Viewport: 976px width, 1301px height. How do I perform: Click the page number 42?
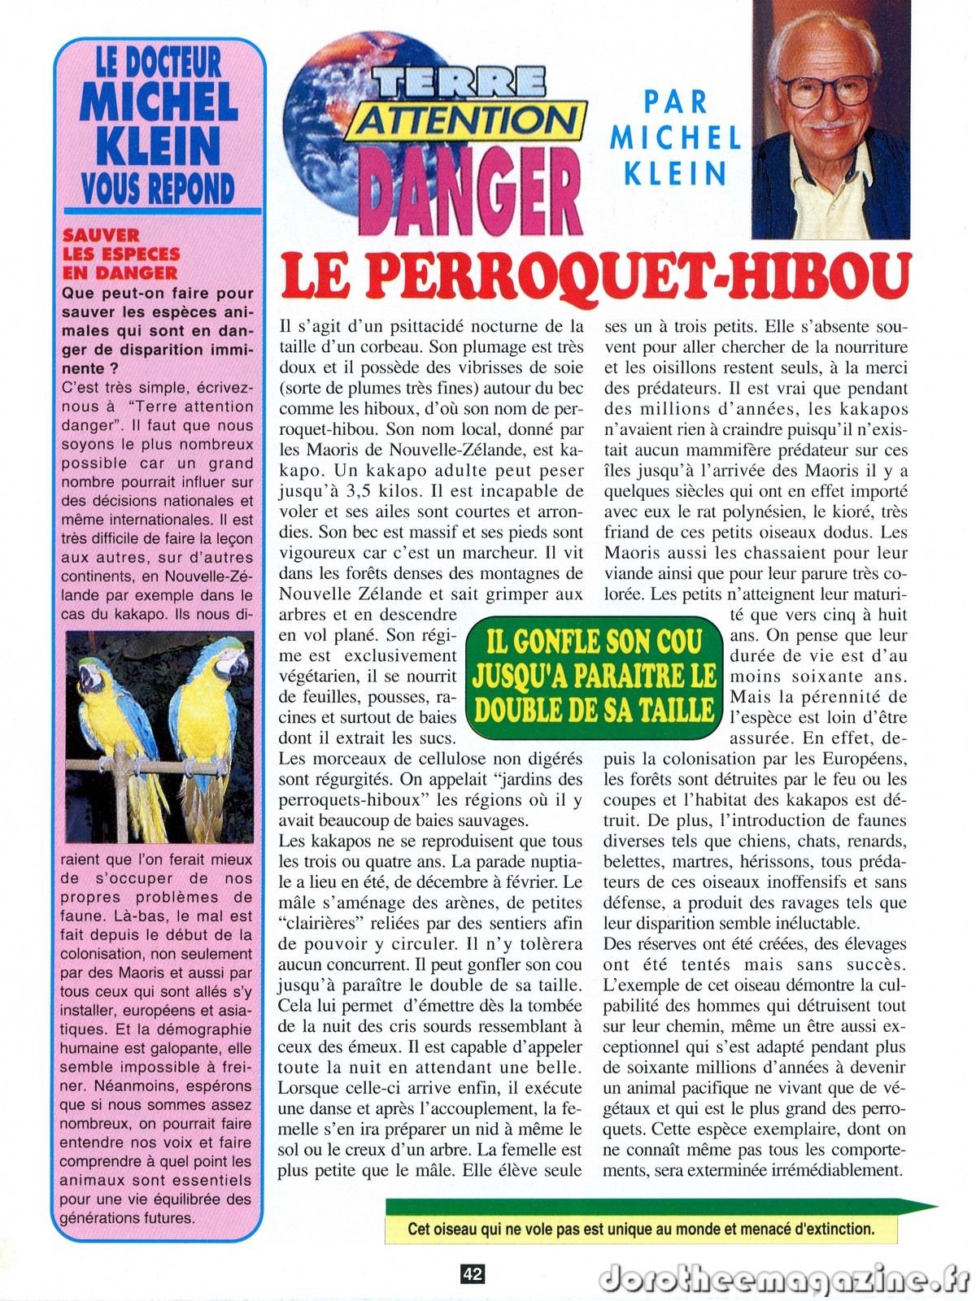[x=473, y=1274]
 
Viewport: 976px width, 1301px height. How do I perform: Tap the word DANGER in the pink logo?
[x=470, y=190]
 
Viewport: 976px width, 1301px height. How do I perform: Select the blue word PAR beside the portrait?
[x=675, y=102]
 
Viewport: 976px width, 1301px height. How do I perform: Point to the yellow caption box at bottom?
[x=641, y=1229]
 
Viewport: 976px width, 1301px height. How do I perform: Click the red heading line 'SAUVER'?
[x=101, y=236]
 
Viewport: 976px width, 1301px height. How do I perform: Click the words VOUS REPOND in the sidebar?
[x=158, y=188]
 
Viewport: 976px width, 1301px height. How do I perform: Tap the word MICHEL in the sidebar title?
[x=159, y=102]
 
